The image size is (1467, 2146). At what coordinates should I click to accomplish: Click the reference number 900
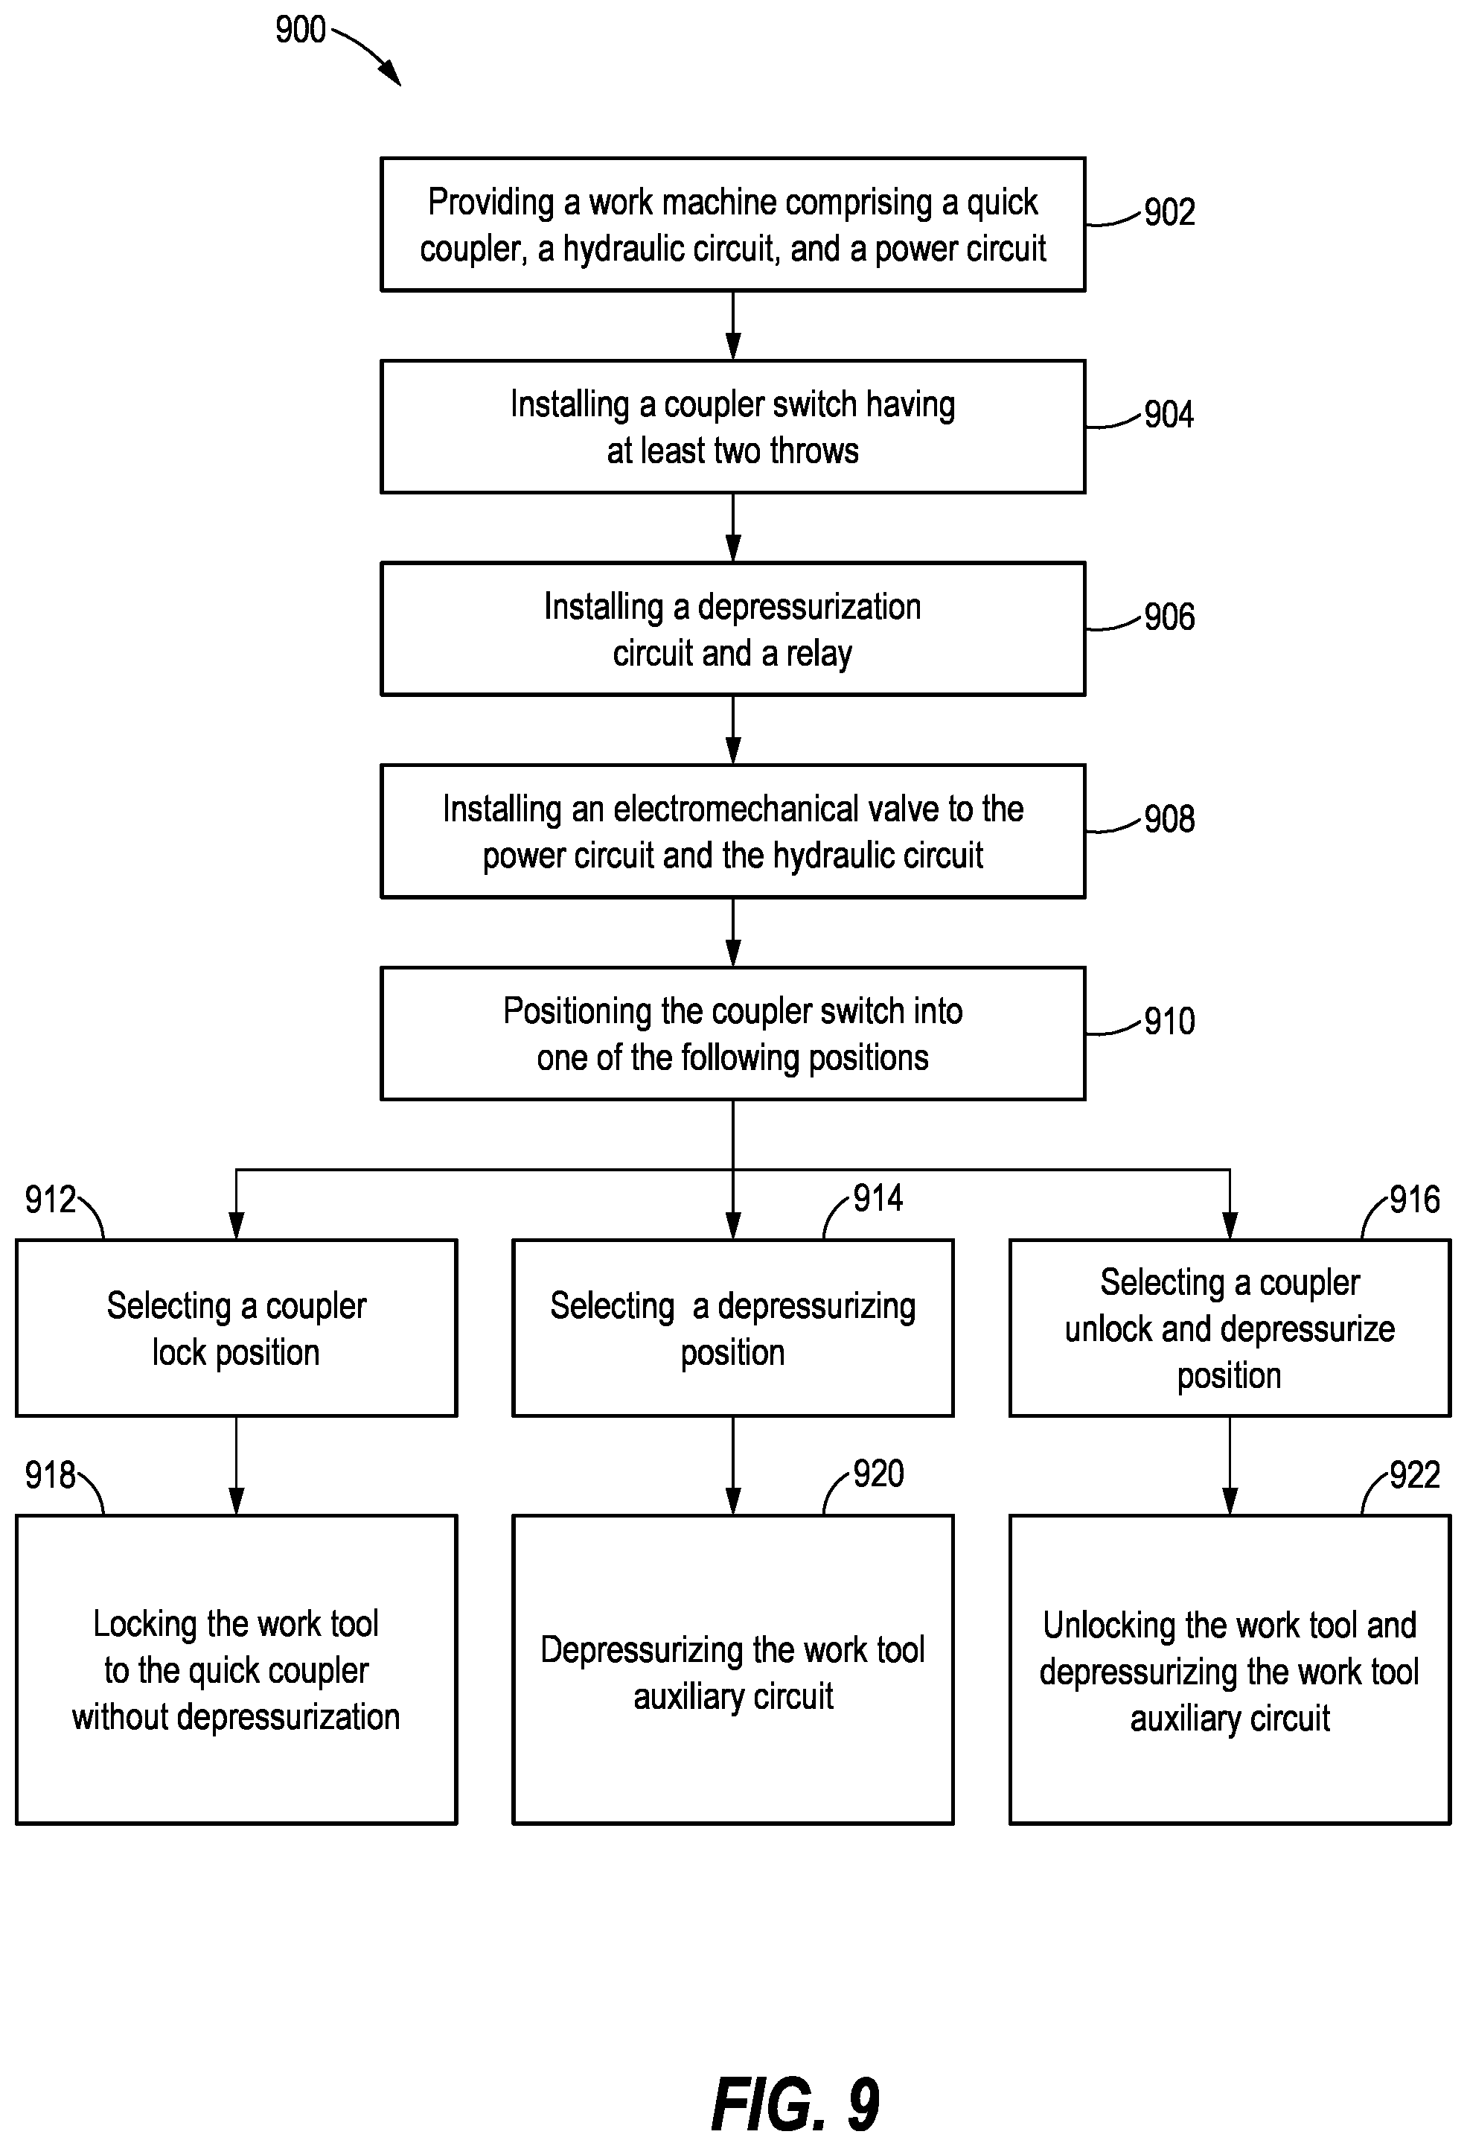300,30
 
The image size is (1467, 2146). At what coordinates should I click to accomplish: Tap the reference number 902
1170,212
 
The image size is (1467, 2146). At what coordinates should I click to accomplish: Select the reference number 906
1170,617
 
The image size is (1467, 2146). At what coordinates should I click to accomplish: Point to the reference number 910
1170,1022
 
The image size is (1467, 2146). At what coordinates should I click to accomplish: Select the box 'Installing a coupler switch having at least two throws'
733,427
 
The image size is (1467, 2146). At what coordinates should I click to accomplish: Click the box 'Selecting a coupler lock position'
237,1328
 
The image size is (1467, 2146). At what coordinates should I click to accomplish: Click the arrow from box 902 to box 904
733,326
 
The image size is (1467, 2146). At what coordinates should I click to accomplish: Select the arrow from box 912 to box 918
237,1465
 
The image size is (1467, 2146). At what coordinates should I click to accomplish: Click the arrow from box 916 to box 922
1230,1465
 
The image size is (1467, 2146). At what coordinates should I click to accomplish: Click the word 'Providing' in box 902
490,203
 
